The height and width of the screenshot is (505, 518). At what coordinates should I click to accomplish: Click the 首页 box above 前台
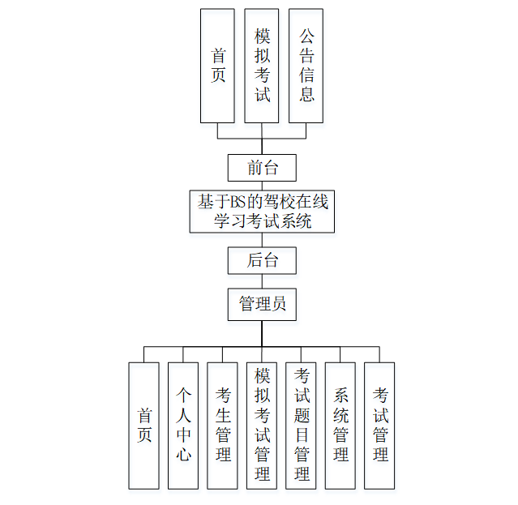[217, 66]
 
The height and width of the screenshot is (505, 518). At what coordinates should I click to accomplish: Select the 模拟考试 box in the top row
[261, 66]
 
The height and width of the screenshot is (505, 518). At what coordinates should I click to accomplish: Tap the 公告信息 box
[306, 66]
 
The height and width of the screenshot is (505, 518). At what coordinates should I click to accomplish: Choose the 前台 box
[261, 168]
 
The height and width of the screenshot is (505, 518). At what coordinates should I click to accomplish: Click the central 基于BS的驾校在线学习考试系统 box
[262, 211]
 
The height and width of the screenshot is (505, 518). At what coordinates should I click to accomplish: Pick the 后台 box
[261, 260]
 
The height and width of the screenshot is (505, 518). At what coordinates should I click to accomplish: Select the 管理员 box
[261, 304]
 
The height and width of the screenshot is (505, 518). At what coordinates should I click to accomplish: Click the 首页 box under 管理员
[144, 426]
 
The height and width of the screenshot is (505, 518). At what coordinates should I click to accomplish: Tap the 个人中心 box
[183, 426]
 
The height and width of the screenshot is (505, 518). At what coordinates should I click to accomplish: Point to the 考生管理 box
[223, 426]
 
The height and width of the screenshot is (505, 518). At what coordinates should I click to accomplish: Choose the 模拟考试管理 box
[262, 426]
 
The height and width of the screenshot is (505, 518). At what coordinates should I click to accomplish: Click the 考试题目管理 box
[302, 426]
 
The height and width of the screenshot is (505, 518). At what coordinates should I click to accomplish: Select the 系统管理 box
[340, 426]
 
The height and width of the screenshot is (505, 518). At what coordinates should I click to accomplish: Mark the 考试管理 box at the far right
[379, 426]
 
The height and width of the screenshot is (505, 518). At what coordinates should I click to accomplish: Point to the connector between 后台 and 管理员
[261, 281]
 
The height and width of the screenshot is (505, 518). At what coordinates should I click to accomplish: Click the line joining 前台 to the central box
[261, 185]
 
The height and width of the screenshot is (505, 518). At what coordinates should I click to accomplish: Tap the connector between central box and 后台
[261, 240]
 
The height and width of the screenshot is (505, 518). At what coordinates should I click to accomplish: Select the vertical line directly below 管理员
[261, 332]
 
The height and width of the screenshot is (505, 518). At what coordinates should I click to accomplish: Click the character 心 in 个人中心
[183, 455]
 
